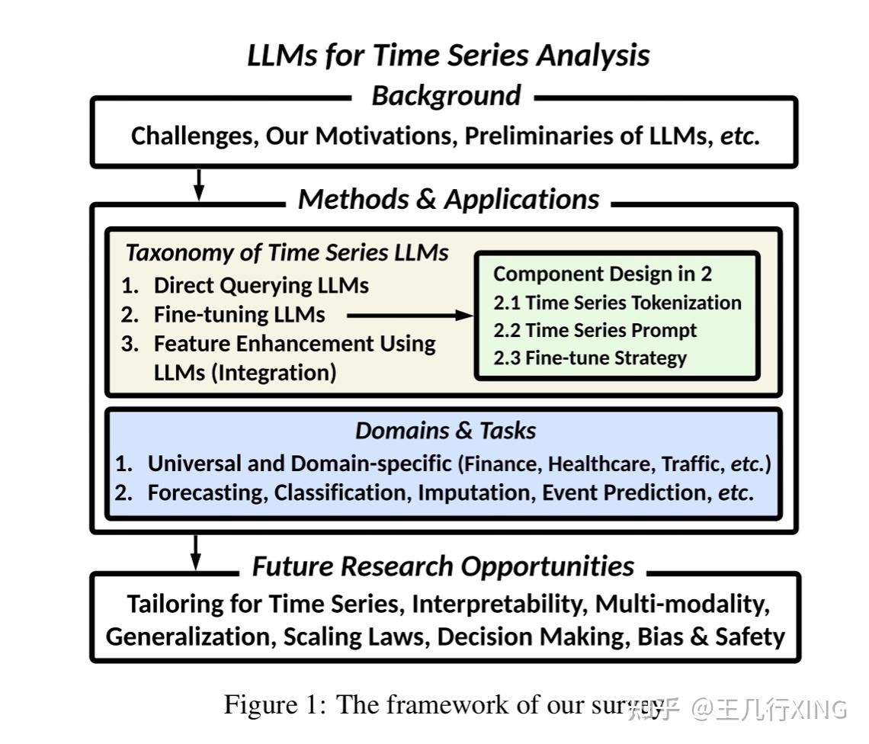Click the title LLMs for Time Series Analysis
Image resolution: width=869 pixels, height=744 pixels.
pyautogui.click(x=448, y=56)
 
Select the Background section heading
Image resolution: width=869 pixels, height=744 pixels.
pyautogui.click(x=446, y=96)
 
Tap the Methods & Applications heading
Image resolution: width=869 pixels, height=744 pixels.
pyautogui.click(x=448, y=199)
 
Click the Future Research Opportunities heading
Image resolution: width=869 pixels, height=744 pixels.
pyautogui.click(x=443, y=566)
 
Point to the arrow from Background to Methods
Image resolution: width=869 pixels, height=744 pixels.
pyautogui.click(x=199, y=184)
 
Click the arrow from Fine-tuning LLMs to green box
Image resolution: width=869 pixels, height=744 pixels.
pyautogui.click(x=409, y=315)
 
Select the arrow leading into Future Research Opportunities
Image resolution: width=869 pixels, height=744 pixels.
pyautogui.click(x=196, y=552)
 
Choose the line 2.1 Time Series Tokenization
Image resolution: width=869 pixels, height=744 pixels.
pyautogui.click(x=617, y=303)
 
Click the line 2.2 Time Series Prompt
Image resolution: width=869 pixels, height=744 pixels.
pyautogui.click(x=595, y=330)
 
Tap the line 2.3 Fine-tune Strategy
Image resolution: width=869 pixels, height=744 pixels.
pyautogui.click(x=589, y=358)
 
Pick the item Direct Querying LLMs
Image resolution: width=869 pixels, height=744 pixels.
pyautogui.click(x=261, y=286)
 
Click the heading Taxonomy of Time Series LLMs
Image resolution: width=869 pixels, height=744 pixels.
pyautogui.click(x=287, y=252)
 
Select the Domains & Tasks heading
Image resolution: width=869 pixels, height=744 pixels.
pyautogui.click(x=445, y=431)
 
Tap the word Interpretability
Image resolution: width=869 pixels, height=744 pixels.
pyautogui.click(x=497, y=604)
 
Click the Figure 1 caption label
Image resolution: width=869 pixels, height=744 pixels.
pyautogui.click(x=274, y=704)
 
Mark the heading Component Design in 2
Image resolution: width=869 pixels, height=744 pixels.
pyautogui.click(x=602, y=274)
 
